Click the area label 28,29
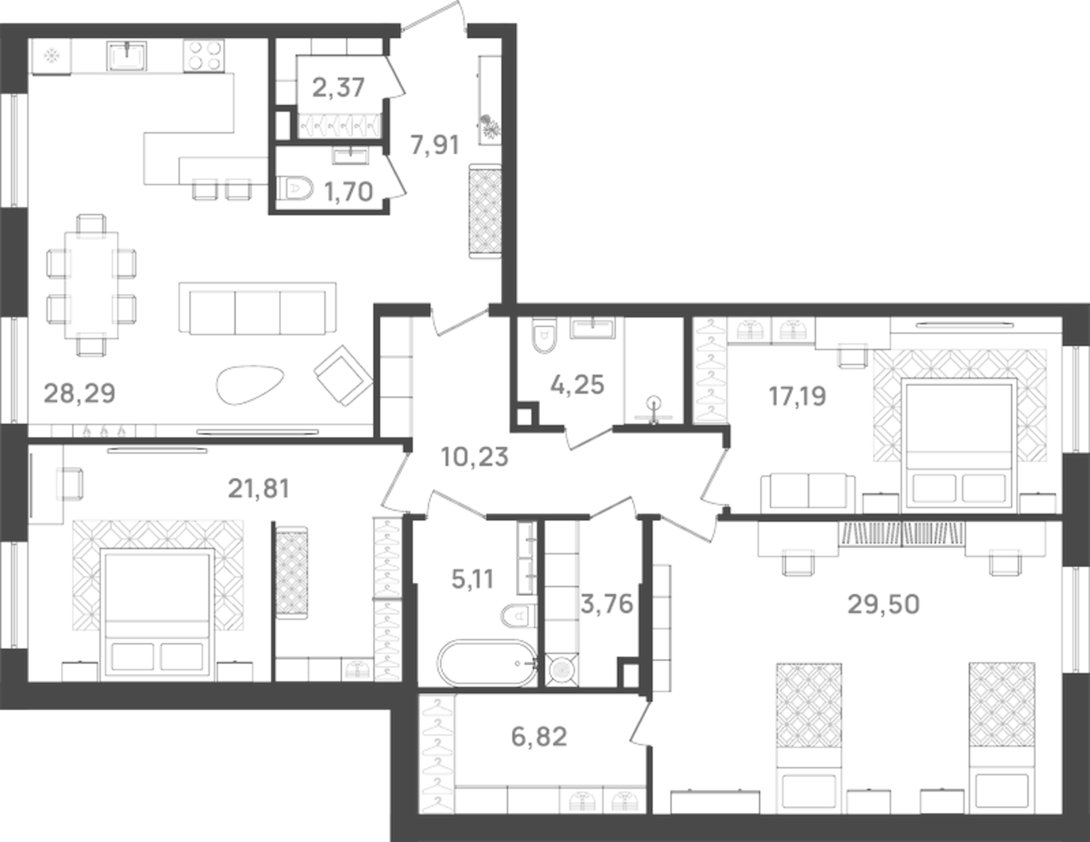point(79,393)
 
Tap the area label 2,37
point(338,87)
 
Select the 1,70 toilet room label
point(348,192)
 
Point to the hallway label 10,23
point(474,457)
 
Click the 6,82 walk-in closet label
point(539,736)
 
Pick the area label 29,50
point(883,604)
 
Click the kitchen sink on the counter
point(127,56)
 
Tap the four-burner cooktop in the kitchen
point(204,56)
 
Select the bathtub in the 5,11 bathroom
point(486,663)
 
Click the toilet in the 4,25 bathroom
point(543,337)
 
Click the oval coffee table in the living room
point(249,385)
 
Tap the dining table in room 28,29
point(91,285)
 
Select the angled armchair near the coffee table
point(343,376)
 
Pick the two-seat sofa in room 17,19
point(808,492)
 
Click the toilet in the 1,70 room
point(296,188)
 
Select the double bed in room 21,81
point(157,613)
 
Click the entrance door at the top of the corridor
point(433,17)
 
